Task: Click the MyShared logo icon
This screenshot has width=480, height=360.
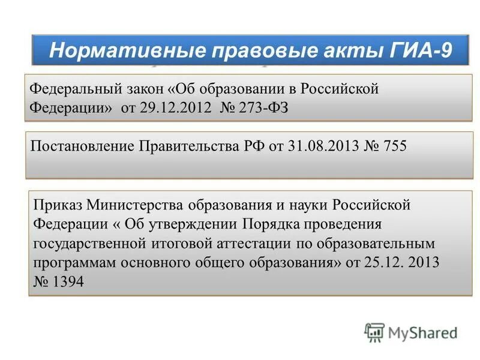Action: pos(374,332)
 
